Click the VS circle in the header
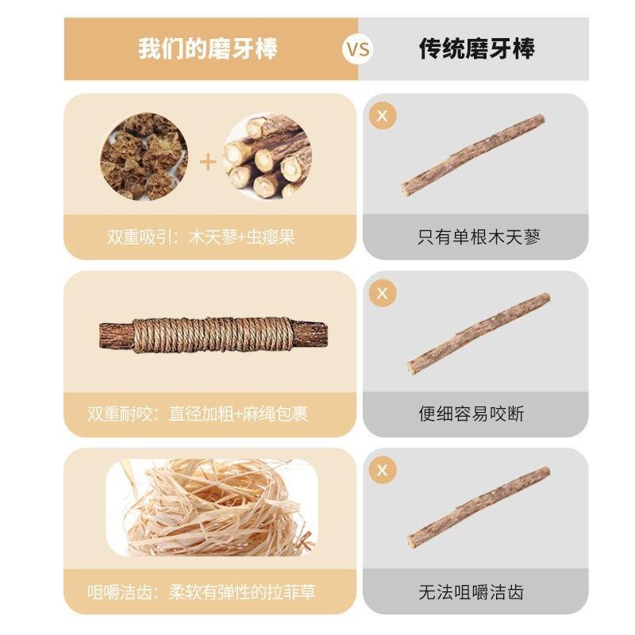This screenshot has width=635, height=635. [x=358, y=49]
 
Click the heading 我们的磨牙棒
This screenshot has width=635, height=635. [x=208, y=49]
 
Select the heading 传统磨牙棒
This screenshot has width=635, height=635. [x=476, y=49]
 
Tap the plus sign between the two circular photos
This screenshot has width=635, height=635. [x=208, y=162]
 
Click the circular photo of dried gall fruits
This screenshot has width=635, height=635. [x=144, y=156]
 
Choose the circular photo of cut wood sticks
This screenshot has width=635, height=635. [x=267, y=156]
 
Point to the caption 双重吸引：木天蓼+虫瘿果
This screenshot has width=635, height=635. [x=201, y=237]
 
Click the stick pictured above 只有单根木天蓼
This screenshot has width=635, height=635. [x=473, y=156]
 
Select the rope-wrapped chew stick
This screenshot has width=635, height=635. [x=214, y=335]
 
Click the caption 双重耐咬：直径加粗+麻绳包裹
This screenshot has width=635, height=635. [x=198, y=414]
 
